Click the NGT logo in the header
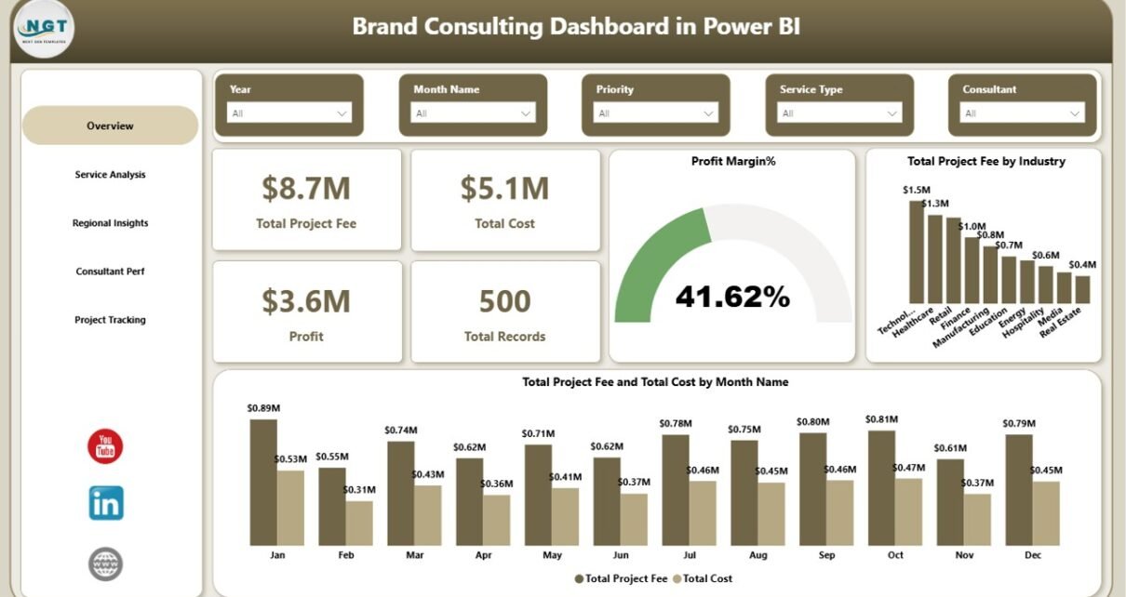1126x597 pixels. pos(44,30)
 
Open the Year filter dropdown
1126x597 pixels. pos(288,113)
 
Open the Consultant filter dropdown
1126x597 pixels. pos(1022,113)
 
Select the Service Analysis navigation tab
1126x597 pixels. pos(110,175)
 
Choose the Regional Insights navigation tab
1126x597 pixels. pos(110,223)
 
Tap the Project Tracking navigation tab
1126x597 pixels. pos(110,320)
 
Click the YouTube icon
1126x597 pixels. pos(105,447)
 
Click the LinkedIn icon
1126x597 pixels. pos(106,503)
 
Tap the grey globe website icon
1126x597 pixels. pos(105,564)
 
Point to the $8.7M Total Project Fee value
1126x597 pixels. pos(306,189)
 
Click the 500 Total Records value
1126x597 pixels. pos(504,301)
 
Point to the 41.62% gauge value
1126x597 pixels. pos(732,297)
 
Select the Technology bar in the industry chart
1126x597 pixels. pos(917,251)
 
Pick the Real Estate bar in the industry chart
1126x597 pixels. pos(1082,289)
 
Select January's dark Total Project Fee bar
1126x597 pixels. pos(263,482)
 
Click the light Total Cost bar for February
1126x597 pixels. pos(359,523)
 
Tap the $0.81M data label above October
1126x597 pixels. pos(881,419)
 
